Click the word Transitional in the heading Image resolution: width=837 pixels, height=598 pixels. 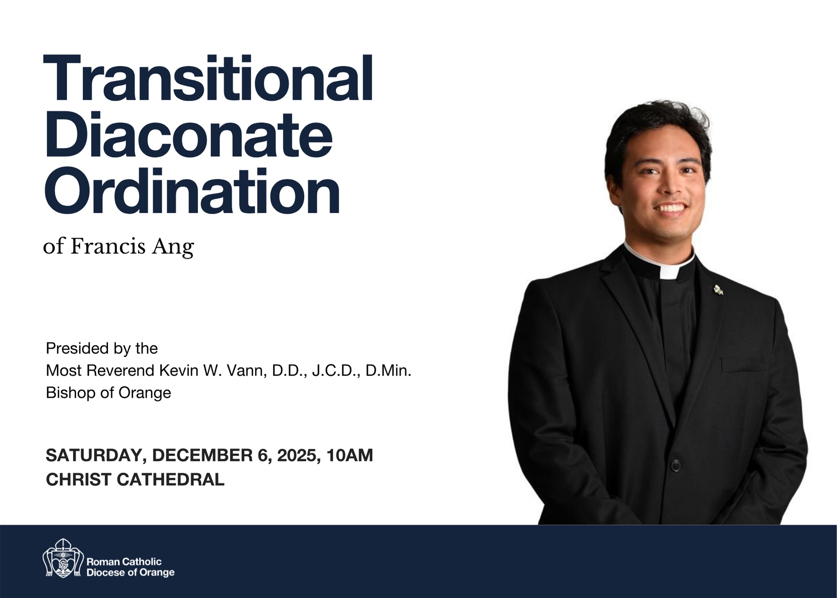tap(208, 78)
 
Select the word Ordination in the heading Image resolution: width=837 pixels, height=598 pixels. tap(192, 191)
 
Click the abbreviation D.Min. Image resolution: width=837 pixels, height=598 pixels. tap(388, 371)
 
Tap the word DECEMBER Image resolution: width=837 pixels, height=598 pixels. tap(202, 456)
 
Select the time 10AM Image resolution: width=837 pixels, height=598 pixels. tap(350, 456)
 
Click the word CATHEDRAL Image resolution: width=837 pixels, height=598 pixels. tap(170, 480)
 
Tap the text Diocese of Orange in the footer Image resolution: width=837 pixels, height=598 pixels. tap(130, 573)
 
